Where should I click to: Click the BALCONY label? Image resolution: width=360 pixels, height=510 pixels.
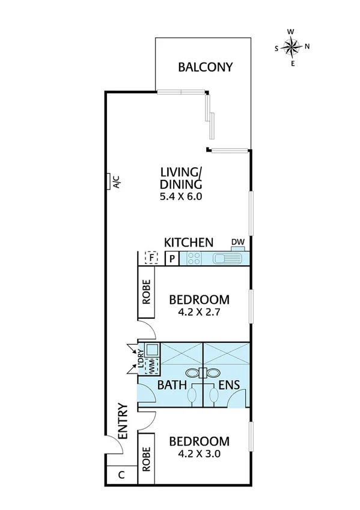(205, 67)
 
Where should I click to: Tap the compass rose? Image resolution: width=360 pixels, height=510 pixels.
(291, 46)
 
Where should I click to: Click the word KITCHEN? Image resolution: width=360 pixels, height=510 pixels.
(189, 242)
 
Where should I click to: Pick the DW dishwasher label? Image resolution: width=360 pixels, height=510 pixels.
(238, 242)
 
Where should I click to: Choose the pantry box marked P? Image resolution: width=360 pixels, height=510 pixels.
(171, 259)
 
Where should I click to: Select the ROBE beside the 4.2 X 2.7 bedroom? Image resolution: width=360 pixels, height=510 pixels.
(147, 293)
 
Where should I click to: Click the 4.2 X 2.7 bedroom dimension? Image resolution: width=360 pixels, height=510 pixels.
(199, 313)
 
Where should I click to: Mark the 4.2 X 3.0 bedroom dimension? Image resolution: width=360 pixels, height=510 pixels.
(199, 455)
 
